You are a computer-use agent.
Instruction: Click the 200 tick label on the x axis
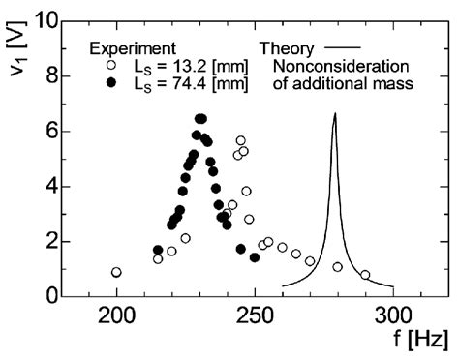[x=116, y=316]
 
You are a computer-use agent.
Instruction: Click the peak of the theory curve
[x=335, y=114]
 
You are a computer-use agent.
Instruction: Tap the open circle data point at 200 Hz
[x=116, y=272]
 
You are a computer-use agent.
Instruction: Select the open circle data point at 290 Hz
[x=365, y=275]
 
